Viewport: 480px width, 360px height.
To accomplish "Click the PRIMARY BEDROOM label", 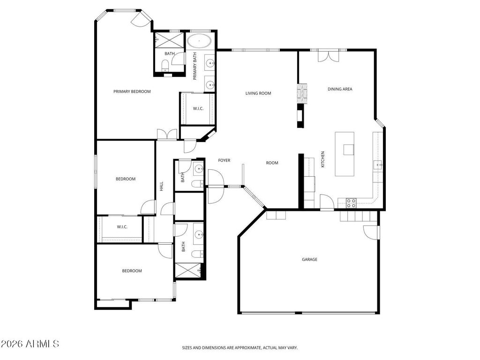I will point(132,91).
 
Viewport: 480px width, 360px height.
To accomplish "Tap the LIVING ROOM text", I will point(258,93).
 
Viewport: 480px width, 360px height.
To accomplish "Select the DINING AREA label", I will point(340,89).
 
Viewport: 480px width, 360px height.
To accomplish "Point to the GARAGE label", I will point(309,259).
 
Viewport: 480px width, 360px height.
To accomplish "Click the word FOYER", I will point(224,160).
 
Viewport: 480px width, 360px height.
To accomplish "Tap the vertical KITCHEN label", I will point(322,159).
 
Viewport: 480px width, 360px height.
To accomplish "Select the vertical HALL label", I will point(162,186).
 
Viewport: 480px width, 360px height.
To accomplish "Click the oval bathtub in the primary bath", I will point(200,41).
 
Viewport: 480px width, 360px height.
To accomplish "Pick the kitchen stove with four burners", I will point(351,202).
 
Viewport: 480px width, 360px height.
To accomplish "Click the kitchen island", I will point(345,153).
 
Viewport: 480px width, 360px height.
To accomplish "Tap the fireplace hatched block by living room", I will point(303,94).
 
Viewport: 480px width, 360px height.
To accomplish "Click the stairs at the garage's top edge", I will point(359,216).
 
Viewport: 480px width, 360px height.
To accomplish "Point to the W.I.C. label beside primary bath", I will point(198,109).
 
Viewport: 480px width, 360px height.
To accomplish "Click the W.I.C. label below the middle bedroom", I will point(122,227).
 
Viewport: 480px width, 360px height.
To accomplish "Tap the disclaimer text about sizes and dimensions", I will point(240,348).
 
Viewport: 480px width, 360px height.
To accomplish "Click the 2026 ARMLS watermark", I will point(30,344).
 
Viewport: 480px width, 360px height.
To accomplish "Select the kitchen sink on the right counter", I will point(378,164).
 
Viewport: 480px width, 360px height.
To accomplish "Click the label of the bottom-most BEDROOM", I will point(132,270).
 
